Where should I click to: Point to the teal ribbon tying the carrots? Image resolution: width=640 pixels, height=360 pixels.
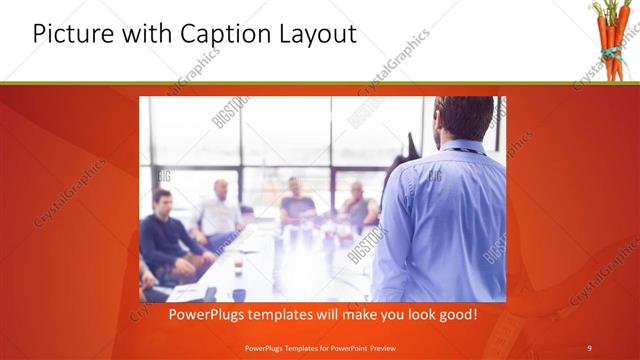click(606, 44)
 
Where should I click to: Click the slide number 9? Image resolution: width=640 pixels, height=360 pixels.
click(589, 348)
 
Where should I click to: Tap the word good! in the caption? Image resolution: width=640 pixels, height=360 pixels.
click(455, 315)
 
